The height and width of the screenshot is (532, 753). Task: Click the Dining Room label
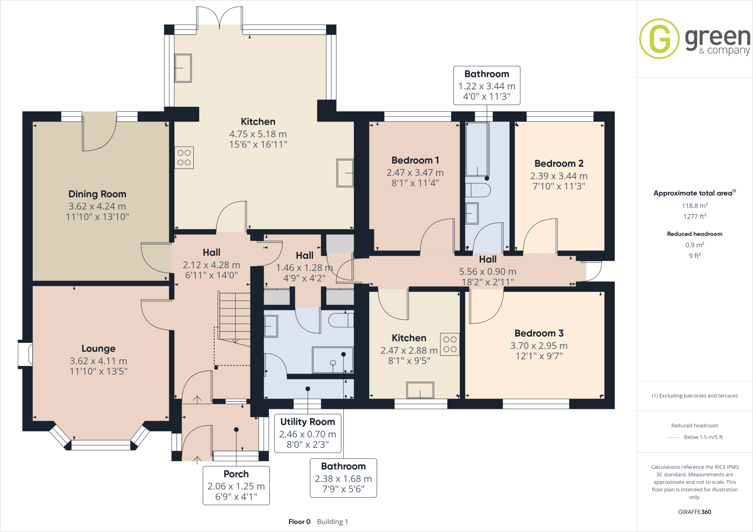pos(97,194)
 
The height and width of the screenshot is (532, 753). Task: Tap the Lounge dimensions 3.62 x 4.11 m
pos(98,361)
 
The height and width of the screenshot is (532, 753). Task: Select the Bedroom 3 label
pos(539,333)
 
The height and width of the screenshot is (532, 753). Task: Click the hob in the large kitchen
pos(184,158)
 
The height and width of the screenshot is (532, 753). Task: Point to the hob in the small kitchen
pos(450,344)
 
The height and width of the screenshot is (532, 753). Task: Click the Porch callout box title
pos(236,474)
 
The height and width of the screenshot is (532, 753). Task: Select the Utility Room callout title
pos(307,422)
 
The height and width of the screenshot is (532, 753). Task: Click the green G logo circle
pos(659,39)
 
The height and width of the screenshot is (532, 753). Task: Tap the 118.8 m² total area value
pos(695,206)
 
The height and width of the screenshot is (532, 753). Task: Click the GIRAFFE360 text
pos(695,512)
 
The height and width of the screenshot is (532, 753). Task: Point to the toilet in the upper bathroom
pos(478,190)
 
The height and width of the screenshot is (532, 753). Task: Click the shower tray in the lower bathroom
pos(332,360)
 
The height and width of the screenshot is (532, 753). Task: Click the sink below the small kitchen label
pos(420,390)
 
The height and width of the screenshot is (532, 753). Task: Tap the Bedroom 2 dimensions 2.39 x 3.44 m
pos(558,176)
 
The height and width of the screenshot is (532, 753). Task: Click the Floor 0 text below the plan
pos(299,522)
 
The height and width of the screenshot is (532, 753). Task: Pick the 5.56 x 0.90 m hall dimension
pos(488,272)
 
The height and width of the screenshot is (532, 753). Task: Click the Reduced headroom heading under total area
pos(695,234)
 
